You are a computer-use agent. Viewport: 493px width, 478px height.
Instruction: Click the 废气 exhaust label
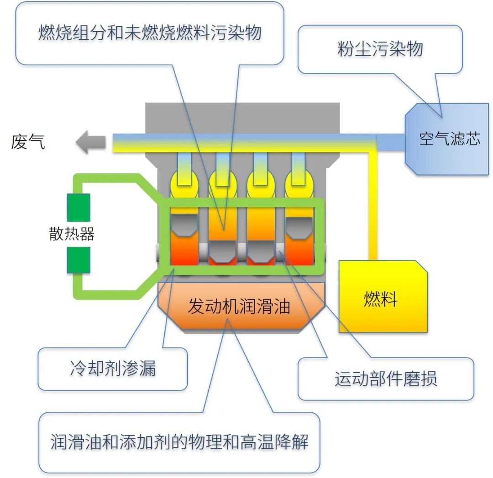(x=28, y=142)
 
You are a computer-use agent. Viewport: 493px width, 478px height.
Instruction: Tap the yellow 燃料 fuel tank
(x=383, y=299)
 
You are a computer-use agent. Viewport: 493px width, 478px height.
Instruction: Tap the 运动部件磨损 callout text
(x=386, y=379)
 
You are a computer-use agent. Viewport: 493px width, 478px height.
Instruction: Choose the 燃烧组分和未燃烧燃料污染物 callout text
(x=149, y=33)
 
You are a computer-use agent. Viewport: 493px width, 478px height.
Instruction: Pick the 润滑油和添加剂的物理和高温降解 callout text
(x=179, y=442)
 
